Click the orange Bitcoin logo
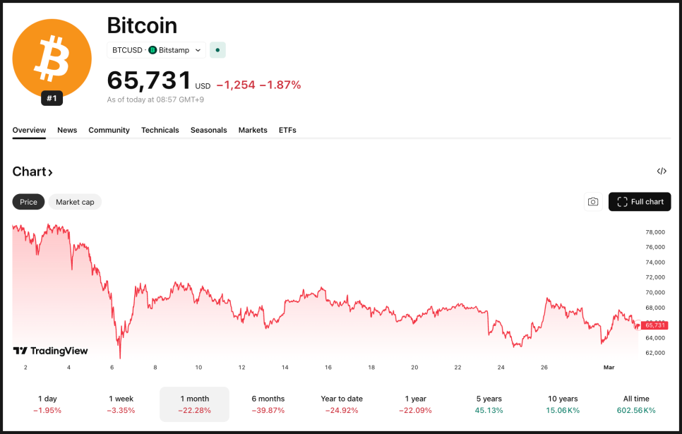tap(52, 58)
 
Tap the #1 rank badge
tap(52, 99)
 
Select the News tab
tap(67, 130)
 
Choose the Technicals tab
tap(160, 130)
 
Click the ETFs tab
tap(287, 130)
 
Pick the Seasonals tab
tap(209, 130)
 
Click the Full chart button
tap(640, 202)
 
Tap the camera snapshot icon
tap(593, 202)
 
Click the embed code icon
tap(662, 171)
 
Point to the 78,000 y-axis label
tap(655, 232)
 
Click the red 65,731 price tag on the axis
tap(654, 325)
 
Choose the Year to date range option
tap(342, 404)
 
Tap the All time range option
tap(636, 404)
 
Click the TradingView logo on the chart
tap(51, 351)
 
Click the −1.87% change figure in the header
tap(280, 85)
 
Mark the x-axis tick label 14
tap(285, 368)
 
